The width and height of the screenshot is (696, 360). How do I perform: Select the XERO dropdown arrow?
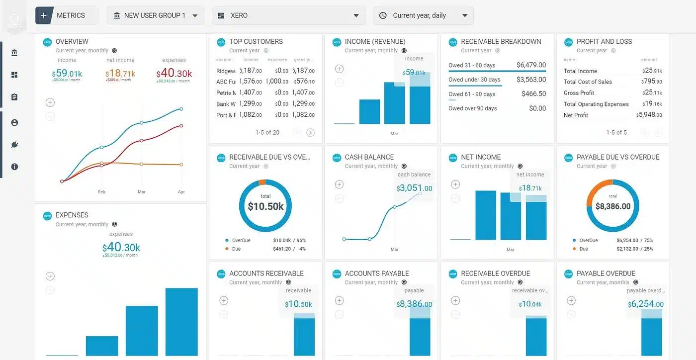(356, 15)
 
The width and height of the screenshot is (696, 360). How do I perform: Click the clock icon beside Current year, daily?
(383, 15)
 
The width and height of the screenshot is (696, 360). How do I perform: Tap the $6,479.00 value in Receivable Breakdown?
(531, 65)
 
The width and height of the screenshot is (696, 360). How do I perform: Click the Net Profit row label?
(576, 115)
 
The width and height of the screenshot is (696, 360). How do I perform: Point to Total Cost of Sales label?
(588, 82)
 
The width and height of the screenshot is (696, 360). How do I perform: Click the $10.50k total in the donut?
(265, 206)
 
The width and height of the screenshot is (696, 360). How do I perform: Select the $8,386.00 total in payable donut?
(613, 206)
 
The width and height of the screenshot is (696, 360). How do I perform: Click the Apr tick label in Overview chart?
(181, 191)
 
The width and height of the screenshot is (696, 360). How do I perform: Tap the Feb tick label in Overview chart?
(101, 191)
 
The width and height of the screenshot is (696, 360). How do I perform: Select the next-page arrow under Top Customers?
(310, 132)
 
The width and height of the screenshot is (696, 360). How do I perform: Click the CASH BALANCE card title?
(369, 157)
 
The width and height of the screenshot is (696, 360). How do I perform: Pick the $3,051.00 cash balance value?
(415, 188)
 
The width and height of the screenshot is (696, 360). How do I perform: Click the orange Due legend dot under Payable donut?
(575, 249)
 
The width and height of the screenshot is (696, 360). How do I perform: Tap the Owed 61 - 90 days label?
(472, 94)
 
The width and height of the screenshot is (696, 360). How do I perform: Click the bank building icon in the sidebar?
(14, 53)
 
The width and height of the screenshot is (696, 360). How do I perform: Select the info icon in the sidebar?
(14, 167)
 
